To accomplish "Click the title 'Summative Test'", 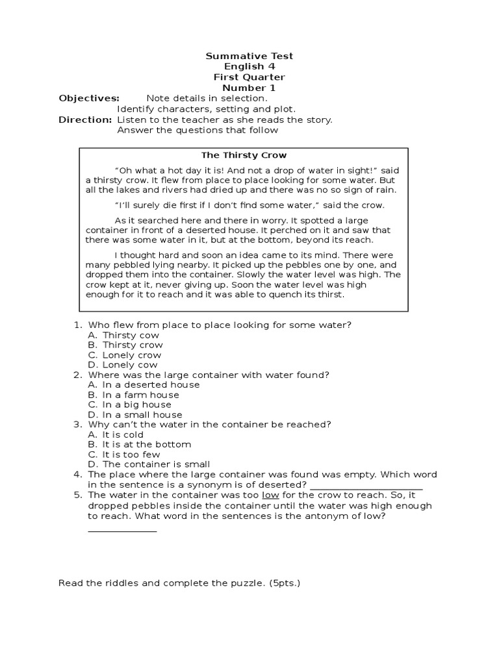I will [x=249, y=56].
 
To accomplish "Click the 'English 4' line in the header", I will [x=249, y=67].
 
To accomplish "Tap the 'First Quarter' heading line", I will [x=249, y=77].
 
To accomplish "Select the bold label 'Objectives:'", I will [x=89, y=98].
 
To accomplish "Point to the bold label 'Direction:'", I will [x=85, y=119].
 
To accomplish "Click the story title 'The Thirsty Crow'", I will [x=244, y=155].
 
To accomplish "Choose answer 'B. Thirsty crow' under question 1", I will [x=125, y=345].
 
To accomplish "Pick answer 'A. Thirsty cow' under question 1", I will [x=123, y=335].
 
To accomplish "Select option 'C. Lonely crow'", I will [x=124, y=355].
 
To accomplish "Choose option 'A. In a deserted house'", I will [x=144, y=384].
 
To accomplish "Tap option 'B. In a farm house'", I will [x=133, y=395].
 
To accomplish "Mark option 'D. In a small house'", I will [x=135, y=414].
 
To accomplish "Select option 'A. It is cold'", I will [x=116, y=434].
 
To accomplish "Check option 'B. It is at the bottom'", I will [x=139, y=444].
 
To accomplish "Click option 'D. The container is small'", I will [x=149, y=464].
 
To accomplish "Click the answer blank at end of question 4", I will [x=366, y=486].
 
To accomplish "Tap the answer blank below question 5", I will [x=122, y=529].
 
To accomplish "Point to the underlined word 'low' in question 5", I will [x=270, y=495].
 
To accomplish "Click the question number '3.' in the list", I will [x=77, y=424].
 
